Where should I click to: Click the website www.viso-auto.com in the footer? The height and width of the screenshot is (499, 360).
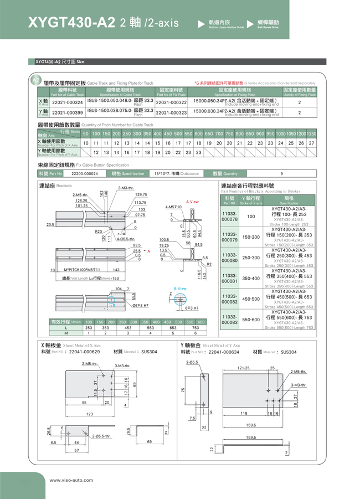tap(71, 480)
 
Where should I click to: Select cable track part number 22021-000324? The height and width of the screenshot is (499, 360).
tap(67, 102)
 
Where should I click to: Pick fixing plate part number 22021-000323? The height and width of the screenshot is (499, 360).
tap(171, 112)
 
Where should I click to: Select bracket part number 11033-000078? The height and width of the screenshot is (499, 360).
tap(229, 216)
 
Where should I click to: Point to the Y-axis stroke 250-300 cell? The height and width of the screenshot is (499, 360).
tap(251, 258)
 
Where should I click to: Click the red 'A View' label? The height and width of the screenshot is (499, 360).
tap(192, 202)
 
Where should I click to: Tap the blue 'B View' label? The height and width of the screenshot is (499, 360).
tap(180, 289)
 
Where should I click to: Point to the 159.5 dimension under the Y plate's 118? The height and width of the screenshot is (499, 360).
tap(251, 425)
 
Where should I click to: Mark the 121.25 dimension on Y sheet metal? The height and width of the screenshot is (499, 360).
tap(244, 368)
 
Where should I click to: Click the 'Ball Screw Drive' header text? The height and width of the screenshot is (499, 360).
tap(268, 27)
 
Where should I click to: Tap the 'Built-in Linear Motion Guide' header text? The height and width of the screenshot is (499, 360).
tap(226, 27)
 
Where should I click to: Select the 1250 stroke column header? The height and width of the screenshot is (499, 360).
tap(311, 134)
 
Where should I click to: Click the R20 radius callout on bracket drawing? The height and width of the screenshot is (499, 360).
tap(99, 231)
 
